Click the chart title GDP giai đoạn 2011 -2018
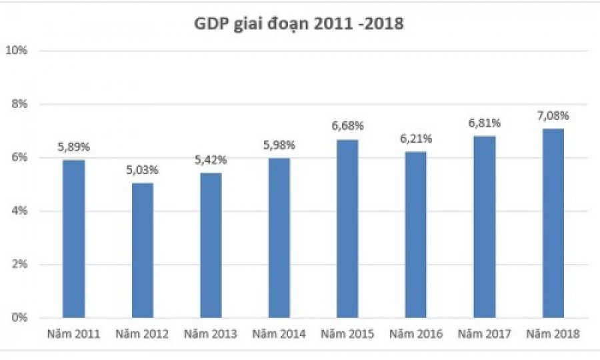[300, 24]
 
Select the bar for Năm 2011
[74, 239]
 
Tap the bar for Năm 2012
[142, 250]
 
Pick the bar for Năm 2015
[347, 228]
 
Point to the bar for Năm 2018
[553, 223]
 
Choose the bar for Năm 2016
[415, 235]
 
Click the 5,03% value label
[143, 170]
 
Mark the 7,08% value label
[553, 115]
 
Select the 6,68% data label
[347, 126]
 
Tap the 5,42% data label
[211, 160]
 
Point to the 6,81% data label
[484, 123]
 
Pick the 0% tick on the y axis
[19, 317]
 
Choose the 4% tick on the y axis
[19, 211]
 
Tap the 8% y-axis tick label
[19, 104]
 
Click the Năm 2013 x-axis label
[211, 334]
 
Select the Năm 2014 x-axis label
[279, 334]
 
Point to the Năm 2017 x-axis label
[484, 334]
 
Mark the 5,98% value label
[279, 145]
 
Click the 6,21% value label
[415, 139]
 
